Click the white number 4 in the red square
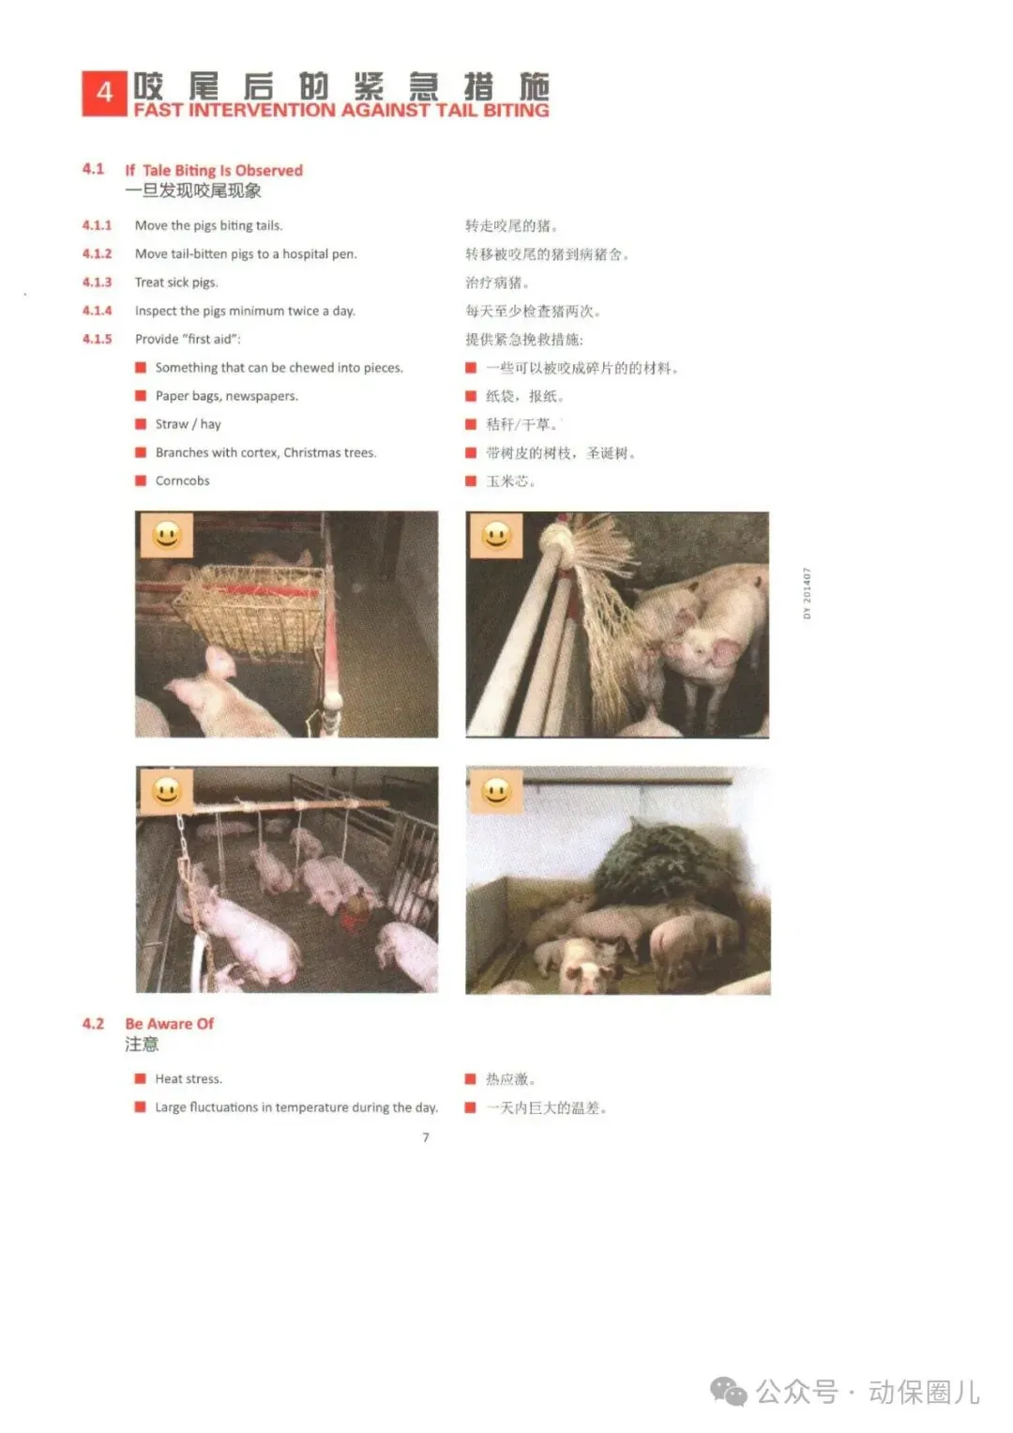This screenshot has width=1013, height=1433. coord(104,94)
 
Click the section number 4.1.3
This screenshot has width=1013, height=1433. coord(98,282)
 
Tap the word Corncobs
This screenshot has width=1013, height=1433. coord(182,480)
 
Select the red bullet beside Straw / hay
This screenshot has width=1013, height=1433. coord(141,423)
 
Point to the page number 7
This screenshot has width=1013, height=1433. coord(426,1136)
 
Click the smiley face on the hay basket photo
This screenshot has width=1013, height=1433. coord(167,535)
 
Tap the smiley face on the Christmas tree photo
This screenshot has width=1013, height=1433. coord(496,792)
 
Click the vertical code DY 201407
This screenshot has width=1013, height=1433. coord(807,593)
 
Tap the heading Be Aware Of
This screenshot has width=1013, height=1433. coord(170,1024)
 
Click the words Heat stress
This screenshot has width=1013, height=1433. coord(189,1078)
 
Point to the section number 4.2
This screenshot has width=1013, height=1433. coord(94,1024)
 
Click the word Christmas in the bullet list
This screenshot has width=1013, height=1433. coord(311,452)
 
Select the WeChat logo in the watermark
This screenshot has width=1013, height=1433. coord(729,1393)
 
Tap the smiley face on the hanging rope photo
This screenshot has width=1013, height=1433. coord(166,792)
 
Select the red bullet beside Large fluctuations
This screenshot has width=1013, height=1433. coord(140,1106)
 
